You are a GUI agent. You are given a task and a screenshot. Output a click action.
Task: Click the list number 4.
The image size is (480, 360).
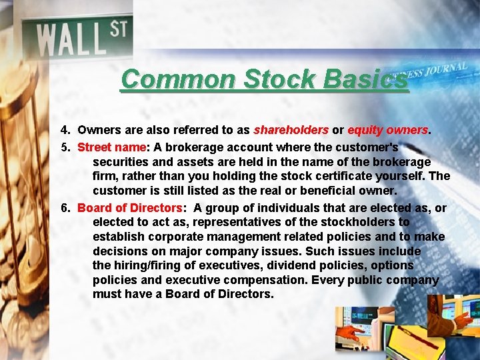tap(65, 129)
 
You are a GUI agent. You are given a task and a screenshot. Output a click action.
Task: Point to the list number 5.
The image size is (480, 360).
tap(65, 147)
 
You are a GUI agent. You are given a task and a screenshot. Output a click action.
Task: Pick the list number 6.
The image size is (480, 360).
tap(65, 208)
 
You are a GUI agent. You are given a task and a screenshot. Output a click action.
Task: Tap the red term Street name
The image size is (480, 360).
tap(112, 147)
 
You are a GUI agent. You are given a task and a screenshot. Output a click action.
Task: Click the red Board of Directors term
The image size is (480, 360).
tap(129, 208)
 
